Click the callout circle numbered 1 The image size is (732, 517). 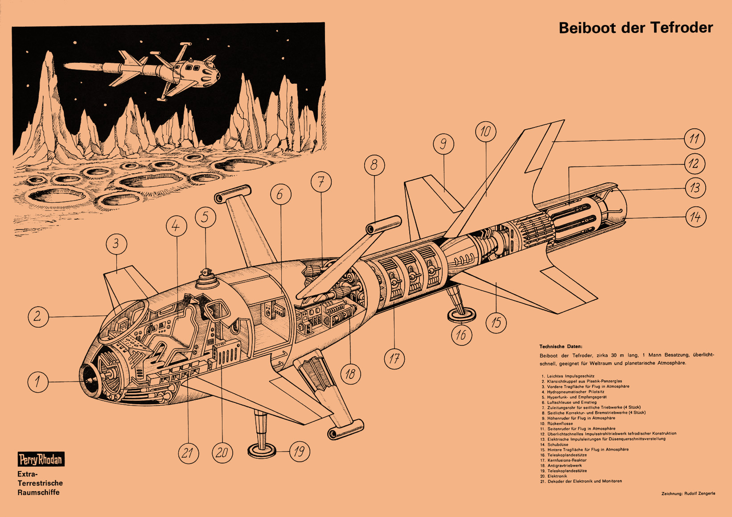coord(38,382)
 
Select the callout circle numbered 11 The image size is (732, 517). coord(694,139)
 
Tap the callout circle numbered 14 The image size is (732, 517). coord(695,217)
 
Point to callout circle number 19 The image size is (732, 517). coord(300,451)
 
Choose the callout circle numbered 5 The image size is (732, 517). coord(206,217)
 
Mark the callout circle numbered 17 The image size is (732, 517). coord(395,359)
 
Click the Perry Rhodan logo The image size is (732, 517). coord(41,459)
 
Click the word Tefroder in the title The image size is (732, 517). coord(682,28)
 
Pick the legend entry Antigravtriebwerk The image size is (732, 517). coord(564,466)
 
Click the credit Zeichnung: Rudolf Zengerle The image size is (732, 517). coord(688,493)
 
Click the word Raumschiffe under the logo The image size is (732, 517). coord(38,492)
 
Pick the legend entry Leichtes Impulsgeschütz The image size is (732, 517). coord(571,376)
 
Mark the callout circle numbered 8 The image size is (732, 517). coord(374,165)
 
